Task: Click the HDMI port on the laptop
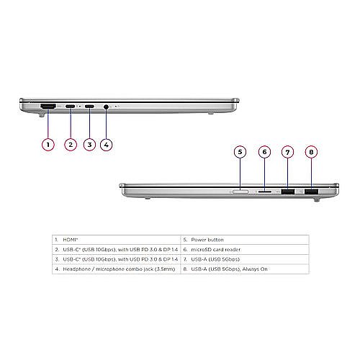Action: coord(48,107)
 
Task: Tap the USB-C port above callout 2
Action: coord(70,106)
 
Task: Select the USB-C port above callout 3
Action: coord(89,106)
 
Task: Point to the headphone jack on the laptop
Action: coord(106,107)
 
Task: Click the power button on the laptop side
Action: coord(240,192)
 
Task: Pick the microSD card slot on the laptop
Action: coord(265,192)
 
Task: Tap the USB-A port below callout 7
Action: coord(287,192)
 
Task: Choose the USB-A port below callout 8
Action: coord(311,192)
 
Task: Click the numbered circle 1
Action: coord(48,145)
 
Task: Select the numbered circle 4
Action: coord(106,145)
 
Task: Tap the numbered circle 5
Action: coord(240,152)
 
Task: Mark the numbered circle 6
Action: coord(264,152)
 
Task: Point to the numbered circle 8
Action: coord(311,152)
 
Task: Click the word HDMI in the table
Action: coord(70,240)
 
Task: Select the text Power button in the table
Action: coord(207,240)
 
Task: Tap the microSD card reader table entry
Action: coord(216,250)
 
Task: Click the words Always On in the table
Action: coord(255,269)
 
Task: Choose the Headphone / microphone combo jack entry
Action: coord(119,269)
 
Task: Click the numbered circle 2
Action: coord(71,145)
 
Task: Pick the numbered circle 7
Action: coord(287,152)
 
